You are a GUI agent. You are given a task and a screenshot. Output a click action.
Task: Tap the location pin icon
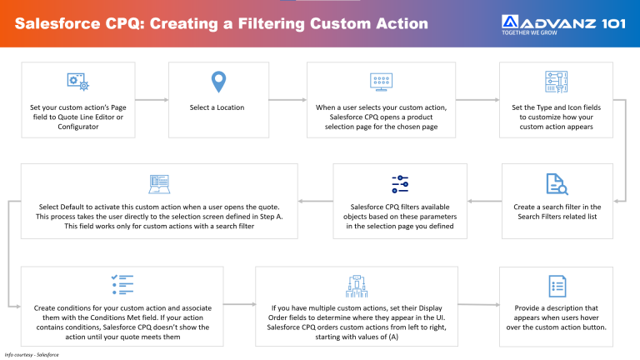tap(217, 82)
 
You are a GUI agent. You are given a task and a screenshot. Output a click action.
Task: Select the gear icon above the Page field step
tap(77, 82)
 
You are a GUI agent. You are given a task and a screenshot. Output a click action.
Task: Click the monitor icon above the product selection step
tap(381, 82)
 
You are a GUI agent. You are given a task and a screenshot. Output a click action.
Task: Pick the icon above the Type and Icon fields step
tap(556, 82)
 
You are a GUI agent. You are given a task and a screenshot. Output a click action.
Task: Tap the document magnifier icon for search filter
tap(556, 183)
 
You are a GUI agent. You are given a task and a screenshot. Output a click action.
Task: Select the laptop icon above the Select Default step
tap(158, 183)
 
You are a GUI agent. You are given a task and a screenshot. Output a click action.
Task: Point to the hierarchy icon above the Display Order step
tap(357, 286)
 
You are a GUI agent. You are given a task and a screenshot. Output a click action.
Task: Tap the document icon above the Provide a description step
tap(556, 286)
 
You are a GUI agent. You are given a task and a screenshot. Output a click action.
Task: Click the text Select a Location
tap(217, 107)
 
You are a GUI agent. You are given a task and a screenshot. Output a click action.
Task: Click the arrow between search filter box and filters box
tap(483, 201)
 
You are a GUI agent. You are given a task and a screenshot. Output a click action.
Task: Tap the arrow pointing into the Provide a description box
tap(478, 304)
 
